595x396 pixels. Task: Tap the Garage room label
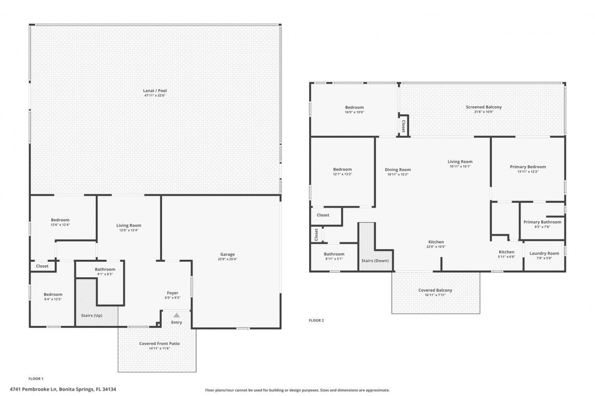coord(228,254)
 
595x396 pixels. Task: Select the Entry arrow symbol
coord(176,315)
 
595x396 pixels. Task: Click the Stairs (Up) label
coord(91,315)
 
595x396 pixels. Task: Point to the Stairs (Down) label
coord(375,260)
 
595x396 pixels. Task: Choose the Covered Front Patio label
coord(159,343)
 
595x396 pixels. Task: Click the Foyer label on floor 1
coord(172,293)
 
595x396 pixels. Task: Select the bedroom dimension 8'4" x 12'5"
coord(53,299)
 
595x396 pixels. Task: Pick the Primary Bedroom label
coord(528,167)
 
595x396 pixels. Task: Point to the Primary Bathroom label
coord(542,222)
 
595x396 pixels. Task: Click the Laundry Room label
coord(544,253)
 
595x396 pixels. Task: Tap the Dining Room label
coord(397,169)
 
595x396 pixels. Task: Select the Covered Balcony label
coord(436,290)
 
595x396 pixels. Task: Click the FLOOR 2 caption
coord(316,320)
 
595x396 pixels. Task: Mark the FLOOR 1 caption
coord(36,379)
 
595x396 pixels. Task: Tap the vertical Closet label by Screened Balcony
coord(403,126)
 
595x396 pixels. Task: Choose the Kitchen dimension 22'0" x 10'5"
coord(436,247)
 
